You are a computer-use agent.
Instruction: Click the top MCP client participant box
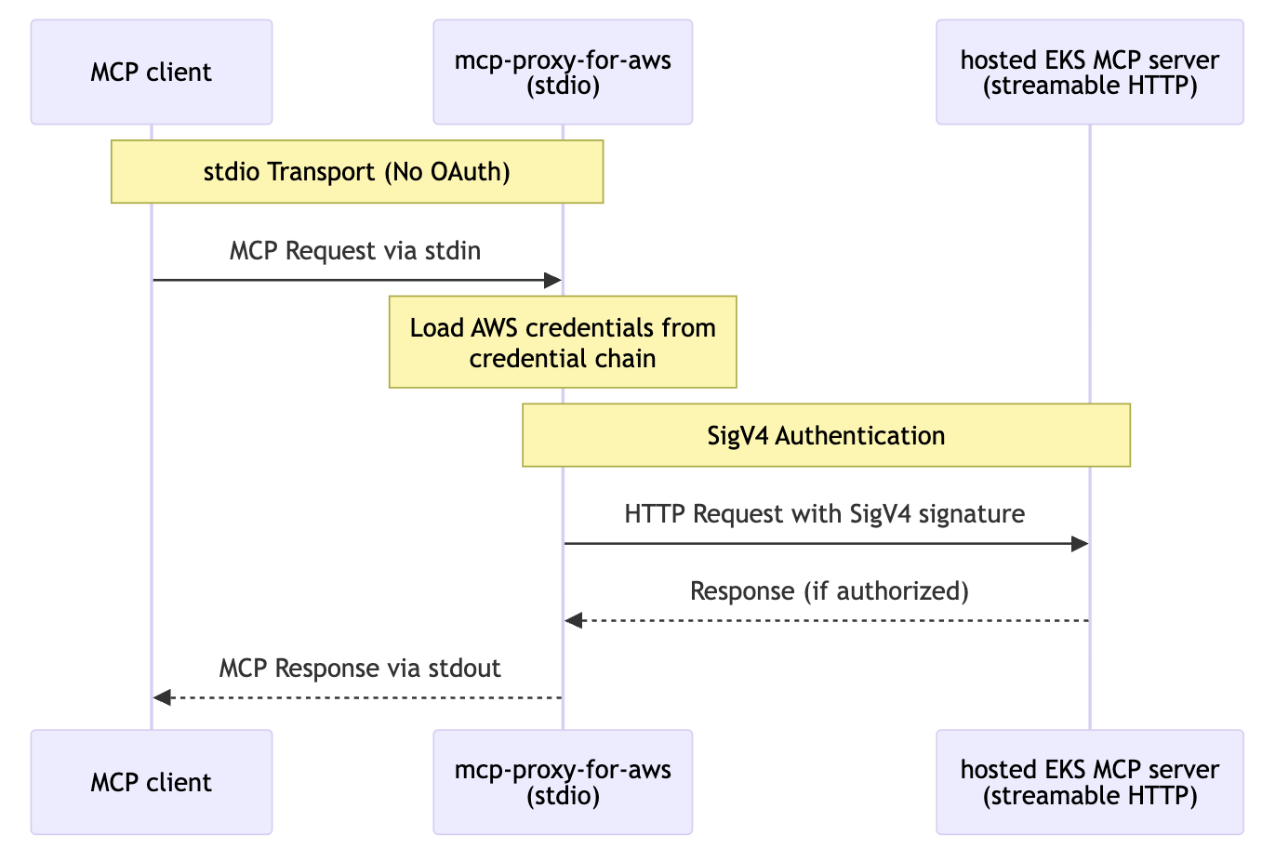pyautogui.click(x=152, y=73)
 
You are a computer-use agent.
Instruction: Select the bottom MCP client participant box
pyautogui.click(x=152, y=782)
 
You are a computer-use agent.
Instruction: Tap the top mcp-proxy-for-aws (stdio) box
pyautogui.click(x=563, y=73)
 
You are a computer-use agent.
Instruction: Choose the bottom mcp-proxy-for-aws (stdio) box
pyautogui.click(x=563, y=782)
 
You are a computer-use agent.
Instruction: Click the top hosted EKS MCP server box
pyautogui.click(x=1089, y=73)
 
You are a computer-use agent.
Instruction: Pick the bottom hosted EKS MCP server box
pyautogui.click(x=1089, y=782)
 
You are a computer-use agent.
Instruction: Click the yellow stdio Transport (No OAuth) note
pyautogui.click(x=357, y=172)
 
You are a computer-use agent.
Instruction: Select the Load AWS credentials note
pyautogui.click(x=563, y=342)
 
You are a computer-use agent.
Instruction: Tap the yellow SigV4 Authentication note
pyautogui.click(x=826, y=435)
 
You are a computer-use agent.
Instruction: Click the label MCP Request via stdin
pyautogui.click(x=355, y=251)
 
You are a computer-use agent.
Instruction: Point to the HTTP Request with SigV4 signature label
pyautogui.click(x=825, y=514)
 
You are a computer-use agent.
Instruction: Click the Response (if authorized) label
pyautogui.click(x=830, y=591)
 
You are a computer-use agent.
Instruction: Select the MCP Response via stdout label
pyautogui.click(x=360, y=669)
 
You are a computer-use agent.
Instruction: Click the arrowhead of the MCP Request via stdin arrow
pyautogui.click(x=552, y=280)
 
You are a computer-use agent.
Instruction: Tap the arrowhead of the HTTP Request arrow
pyautogui.click(x=1080, y=544)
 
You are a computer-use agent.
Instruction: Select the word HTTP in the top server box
pyautogui.click(x=1160, y=86)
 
